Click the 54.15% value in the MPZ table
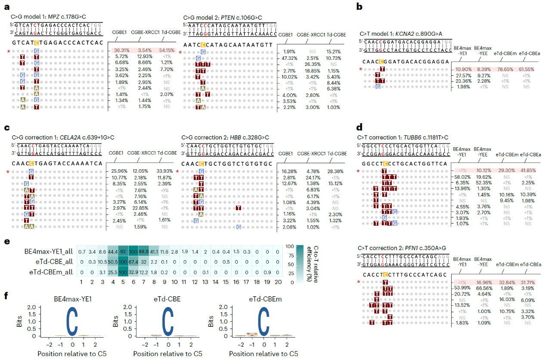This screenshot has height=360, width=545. coord(168,50)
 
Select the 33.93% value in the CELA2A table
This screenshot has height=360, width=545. coord(168,171)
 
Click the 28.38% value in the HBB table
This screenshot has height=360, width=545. coord(337,171)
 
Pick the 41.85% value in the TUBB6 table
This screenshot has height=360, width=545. coord(529,171)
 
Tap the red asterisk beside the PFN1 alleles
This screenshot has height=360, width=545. coord(358,282)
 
